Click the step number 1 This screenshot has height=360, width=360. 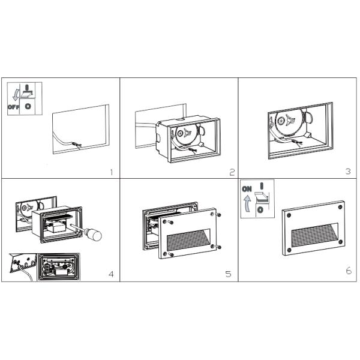[111, 172]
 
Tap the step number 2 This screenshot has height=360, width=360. [232, 172]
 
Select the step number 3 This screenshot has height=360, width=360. [347, 172]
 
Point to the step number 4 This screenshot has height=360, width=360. [111, 275]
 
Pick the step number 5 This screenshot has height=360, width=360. [228, 274]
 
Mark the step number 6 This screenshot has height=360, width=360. [349, 271]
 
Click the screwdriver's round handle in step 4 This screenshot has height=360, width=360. [94, 235]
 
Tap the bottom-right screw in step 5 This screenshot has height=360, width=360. [220, 247]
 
